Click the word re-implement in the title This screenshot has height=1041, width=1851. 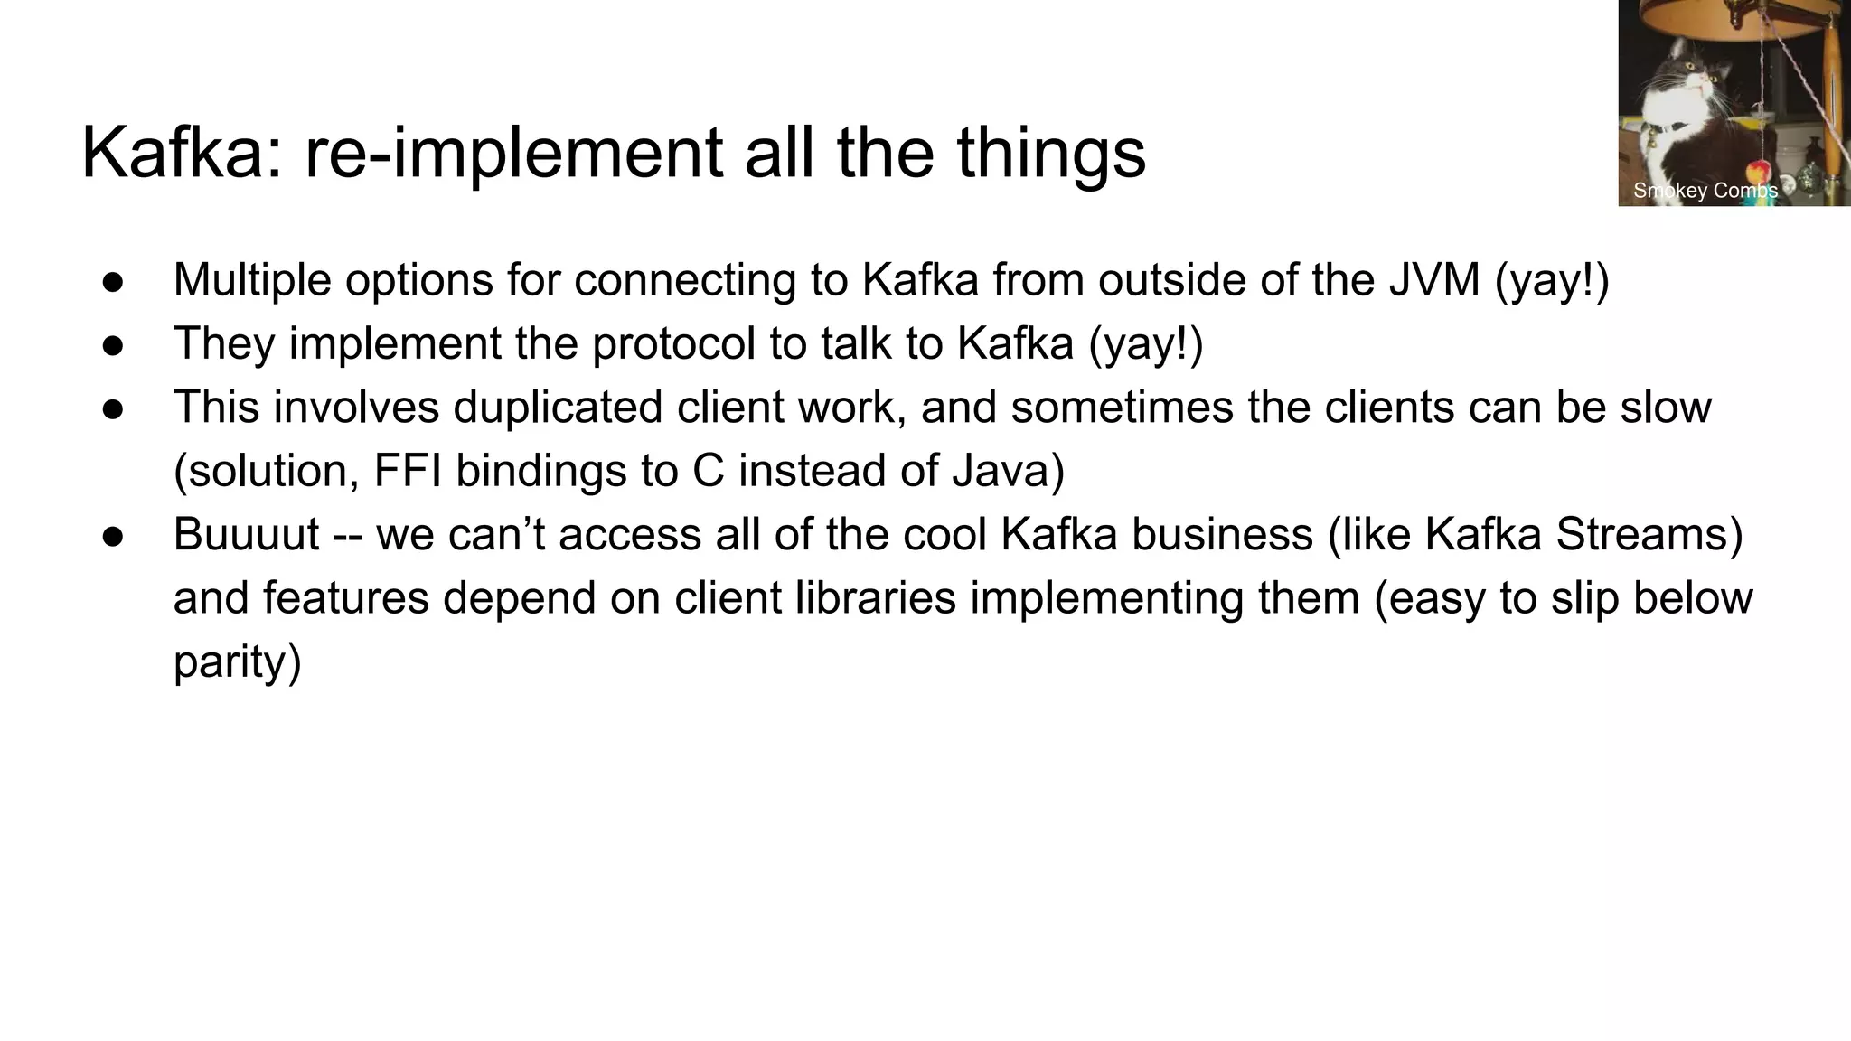[515, 154]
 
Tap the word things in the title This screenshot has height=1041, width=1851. [1050, 154]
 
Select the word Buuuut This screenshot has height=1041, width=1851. [246, 534]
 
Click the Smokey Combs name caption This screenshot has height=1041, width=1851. [1705, 191]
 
